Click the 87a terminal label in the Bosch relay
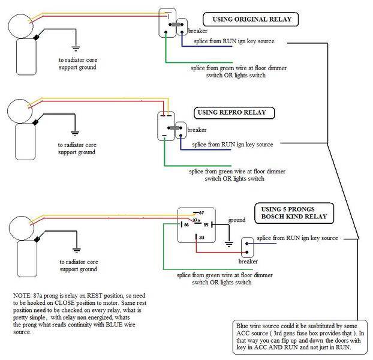196,220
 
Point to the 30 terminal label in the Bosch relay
201,238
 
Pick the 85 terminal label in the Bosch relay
206,224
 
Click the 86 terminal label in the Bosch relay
186,224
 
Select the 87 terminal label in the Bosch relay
201,213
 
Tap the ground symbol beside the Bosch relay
229,244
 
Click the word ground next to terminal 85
237,220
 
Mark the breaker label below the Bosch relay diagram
248,261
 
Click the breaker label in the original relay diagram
197,31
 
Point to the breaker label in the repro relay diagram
197,130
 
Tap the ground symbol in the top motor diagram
76,49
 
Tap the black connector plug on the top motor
37,37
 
